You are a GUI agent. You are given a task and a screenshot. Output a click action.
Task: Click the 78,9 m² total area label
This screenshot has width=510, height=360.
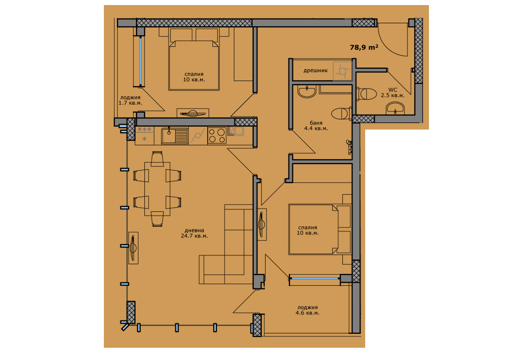click(x=364, y=47)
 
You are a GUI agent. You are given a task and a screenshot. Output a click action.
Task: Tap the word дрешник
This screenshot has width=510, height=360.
click(x=315, y=70)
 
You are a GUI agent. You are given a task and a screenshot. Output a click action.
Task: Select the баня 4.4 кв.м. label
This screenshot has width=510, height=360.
click(x=316, y=126)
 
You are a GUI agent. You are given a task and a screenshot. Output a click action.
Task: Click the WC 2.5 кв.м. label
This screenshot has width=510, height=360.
click(x=393, y=92)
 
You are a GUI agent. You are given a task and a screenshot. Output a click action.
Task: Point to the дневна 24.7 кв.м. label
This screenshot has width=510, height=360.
click(x=195, y=233)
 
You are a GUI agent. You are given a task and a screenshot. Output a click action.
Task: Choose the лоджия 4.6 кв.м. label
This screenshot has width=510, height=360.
click(x=308, y=310)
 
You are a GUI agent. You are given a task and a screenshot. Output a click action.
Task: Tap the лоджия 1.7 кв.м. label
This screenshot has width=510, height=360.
click(x=130, y=100)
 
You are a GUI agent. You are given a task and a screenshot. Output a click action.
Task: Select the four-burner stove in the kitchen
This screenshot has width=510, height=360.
click(x=217, y=135)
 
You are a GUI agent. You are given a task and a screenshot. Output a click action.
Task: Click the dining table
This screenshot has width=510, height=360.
click(x=157, y=189)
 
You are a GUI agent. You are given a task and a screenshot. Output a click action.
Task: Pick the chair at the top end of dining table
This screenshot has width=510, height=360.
click(x=157, y=159)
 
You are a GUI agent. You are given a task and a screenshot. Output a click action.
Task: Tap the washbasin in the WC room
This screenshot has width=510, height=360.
click(x=395, y=108)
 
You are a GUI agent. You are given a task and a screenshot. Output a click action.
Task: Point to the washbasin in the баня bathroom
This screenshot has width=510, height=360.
click(x=307, y=91)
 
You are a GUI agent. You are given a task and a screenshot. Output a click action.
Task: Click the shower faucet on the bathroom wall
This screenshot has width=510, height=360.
click(x=349, y=147)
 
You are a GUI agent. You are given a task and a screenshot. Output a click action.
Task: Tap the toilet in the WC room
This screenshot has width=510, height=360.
click(x=366, y=94)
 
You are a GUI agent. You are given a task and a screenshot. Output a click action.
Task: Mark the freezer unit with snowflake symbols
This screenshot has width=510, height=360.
click(x=144, y=135)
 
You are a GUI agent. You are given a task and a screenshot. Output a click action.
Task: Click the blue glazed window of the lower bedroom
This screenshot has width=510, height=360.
click(x=315, y=278)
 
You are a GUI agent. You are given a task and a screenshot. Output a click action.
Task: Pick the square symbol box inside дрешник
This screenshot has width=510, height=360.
click(x=342, y=71)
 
